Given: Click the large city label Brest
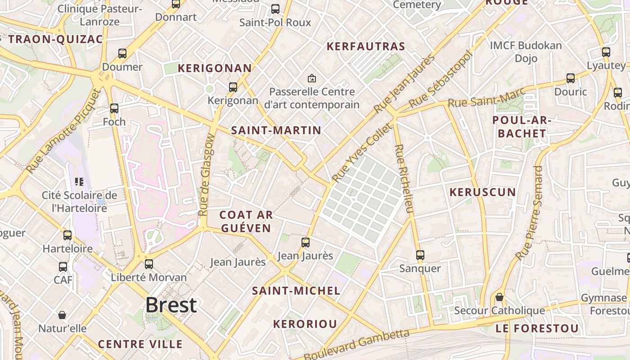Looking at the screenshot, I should coord(171,305).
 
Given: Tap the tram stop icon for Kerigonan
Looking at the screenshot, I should coord(233,87).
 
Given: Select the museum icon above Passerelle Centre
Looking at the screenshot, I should coord(311,78).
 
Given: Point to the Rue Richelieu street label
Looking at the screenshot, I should coord(403,179).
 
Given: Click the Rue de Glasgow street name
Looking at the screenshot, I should coord(207,175).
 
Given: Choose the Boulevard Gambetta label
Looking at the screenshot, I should coord(357,344).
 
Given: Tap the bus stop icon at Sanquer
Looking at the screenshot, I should coord(420,255).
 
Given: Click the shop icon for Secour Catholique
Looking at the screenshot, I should coord(499,297).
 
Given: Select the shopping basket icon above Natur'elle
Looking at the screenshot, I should coord(62,315).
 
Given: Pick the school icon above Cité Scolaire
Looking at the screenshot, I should coord(79,182).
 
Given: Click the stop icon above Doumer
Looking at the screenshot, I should coord(122,53).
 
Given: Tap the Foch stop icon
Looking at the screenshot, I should coord(114,108).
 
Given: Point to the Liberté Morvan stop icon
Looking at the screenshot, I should coord(148,264).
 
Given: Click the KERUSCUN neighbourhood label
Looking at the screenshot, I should coord(483,192).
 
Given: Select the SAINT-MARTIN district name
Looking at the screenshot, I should coord(276,130).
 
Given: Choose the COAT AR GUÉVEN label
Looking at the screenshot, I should coord(246,221).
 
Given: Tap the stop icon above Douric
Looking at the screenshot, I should coord(571,78).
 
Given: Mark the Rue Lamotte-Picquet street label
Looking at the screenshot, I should coord(64,131).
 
